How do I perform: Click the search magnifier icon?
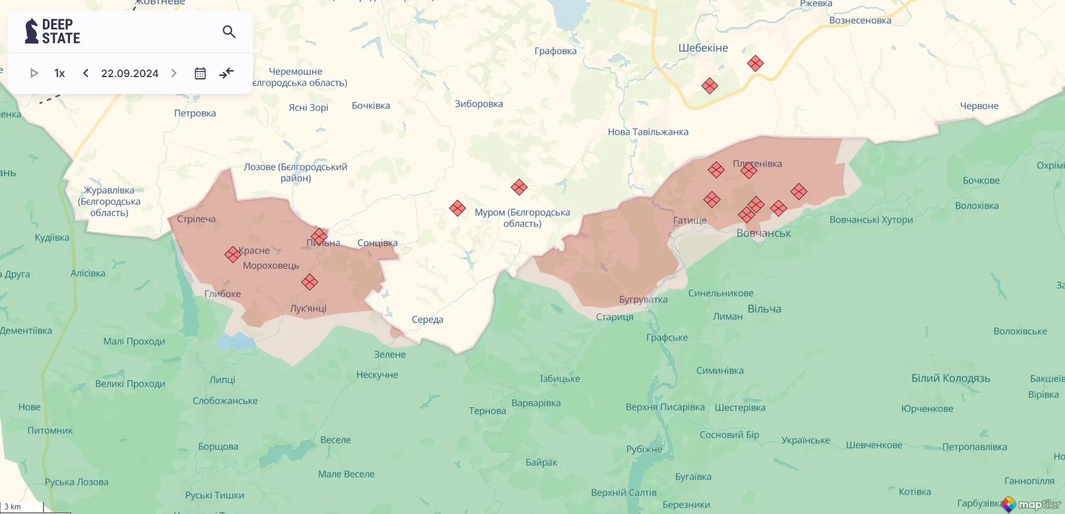229,32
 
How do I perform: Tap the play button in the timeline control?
34,73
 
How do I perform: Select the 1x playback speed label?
60,73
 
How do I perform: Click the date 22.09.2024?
130,73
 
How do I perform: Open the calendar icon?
200,73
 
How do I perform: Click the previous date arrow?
86,73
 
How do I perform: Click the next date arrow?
174,73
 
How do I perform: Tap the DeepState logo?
53,31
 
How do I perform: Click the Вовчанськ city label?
764,233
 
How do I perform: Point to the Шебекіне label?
703,48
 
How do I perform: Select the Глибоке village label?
223,294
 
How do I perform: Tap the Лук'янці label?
308,308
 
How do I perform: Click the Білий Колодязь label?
951,378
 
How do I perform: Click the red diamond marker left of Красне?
232,254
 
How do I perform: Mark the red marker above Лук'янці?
310,282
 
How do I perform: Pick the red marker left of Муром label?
457,208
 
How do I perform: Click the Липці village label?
222,380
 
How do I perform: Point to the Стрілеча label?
196,219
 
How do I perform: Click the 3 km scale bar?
21,507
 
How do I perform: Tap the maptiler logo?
1031,504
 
